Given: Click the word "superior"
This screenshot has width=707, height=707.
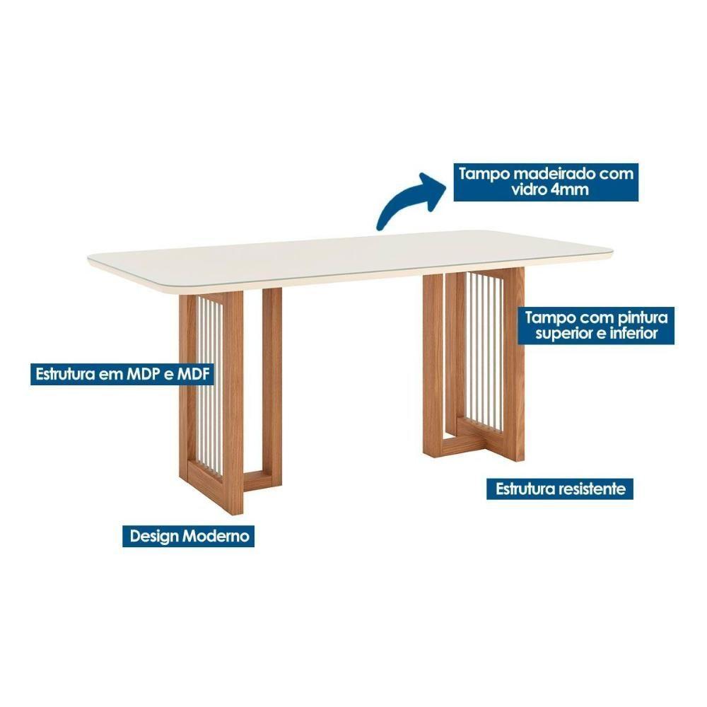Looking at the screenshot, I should (x=563, y=333).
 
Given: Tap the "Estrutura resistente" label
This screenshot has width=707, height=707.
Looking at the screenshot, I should (x=561, y=489).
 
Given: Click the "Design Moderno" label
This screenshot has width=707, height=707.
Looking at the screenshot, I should (x=189, y=536).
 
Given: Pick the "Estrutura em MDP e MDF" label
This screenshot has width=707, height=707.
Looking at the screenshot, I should (x=122, y=373).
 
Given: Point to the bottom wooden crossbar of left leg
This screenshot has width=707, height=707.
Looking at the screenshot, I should (x=257, y=481).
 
